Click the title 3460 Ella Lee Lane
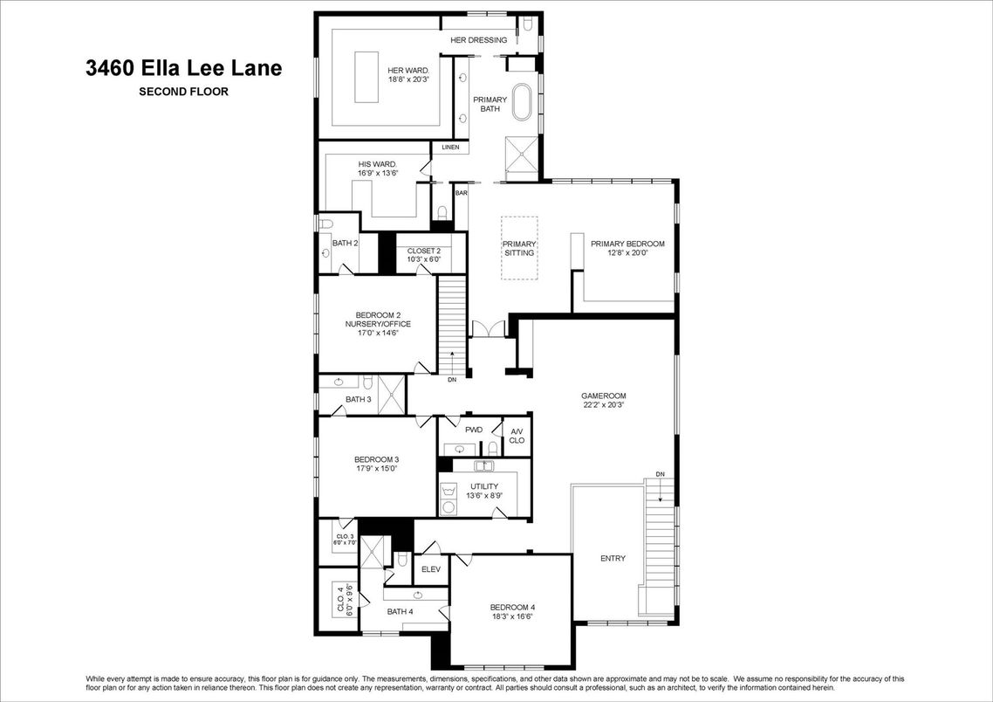point(183,68)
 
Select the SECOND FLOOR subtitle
point(183,91)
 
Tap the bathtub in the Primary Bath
point(521,102)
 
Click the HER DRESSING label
point(478,40)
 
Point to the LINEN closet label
point(450,148)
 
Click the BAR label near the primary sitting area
point(461,192)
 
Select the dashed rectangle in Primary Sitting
point(519,248)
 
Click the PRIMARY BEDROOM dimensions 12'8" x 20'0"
point(627,253)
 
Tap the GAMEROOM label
point(604,396)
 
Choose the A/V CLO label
point(517,436)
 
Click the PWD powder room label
point(474,430)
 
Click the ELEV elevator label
point(430,569)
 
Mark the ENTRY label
point(613,559)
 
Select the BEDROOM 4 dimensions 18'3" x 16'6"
point(511,616)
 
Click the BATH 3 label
point(358,400)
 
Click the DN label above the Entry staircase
point(661,474)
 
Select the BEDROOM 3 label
point(376,460)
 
